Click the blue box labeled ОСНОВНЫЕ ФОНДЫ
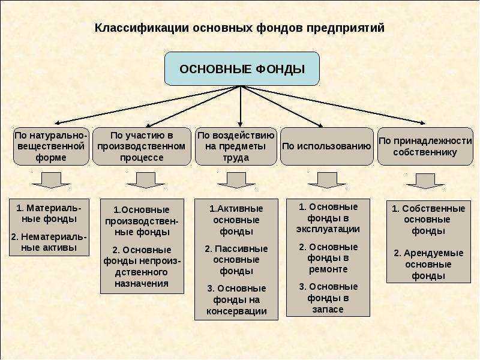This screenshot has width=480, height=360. [x=242, y=68]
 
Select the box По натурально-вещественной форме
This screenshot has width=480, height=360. [x=51, y=146]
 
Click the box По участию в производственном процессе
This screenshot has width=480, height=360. [x=142, y=146]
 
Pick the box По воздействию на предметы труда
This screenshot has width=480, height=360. [x=236, y=146]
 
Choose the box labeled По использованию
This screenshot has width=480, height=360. [x=327, y=146]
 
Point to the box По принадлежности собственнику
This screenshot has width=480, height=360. [x=425, y=146]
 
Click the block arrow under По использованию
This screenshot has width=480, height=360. [x=327, y=180]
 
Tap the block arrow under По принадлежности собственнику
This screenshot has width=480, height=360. [x=425, y=181]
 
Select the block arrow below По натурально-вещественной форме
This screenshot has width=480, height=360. [x=51, y=180]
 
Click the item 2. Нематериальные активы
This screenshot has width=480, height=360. [x=49, y=242]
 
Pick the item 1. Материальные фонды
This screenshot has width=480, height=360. [x=49, y=214]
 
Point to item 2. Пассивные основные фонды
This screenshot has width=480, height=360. [x=236, y=260]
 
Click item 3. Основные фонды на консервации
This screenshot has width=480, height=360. [x=236, y=299]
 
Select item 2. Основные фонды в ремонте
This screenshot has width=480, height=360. [x=328, y=258]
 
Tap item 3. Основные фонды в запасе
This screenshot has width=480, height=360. [x=328, y=298]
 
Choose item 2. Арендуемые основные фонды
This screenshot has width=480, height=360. [x=428, y=265]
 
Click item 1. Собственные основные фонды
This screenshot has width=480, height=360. [x=428, y=220]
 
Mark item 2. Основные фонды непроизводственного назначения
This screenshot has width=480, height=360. [x=142, y=266]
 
